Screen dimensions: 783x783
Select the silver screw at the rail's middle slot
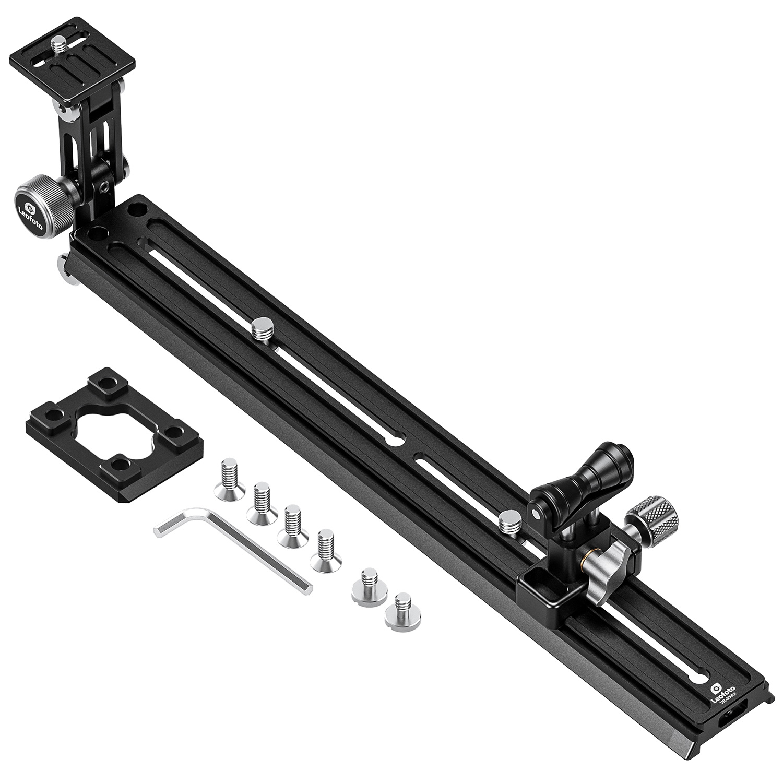260,330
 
